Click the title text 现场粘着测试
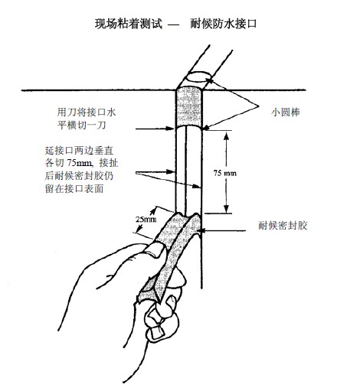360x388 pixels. tap(129, 24)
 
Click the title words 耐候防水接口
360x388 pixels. tap(224, 24)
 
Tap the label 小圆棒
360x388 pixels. tap(286, 112)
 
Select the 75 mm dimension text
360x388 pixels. tap(225, 173)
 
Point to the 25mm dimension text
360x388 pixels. tap(146, 219)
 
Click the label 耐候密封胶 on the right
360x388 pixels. tap(283, 226)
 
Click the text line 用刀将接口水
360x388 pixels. tap(87, 112)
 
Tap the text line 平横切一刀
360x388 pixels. tap(81, 126)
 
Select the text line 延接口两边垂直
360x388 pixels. tap(79, 151)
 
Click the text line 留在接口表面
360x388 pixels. tap(74, 189)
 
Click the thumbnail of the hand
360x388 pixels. tap(155, 250)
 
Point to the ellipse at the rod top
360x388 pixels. tap(198, 77)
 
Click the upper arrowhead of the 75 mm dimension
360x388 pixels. tap(226, 136)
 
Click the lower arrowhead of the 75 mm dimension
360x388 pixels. tap(226, 208)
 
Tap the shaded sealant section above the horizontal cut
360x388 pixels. tap(189, 108)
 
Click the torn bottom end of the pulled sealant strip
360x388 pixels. tap(149, 296)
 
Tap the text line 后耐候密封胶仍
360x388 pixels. tap(79, 176)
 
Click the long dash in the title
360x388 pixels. tap(174, 24)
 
